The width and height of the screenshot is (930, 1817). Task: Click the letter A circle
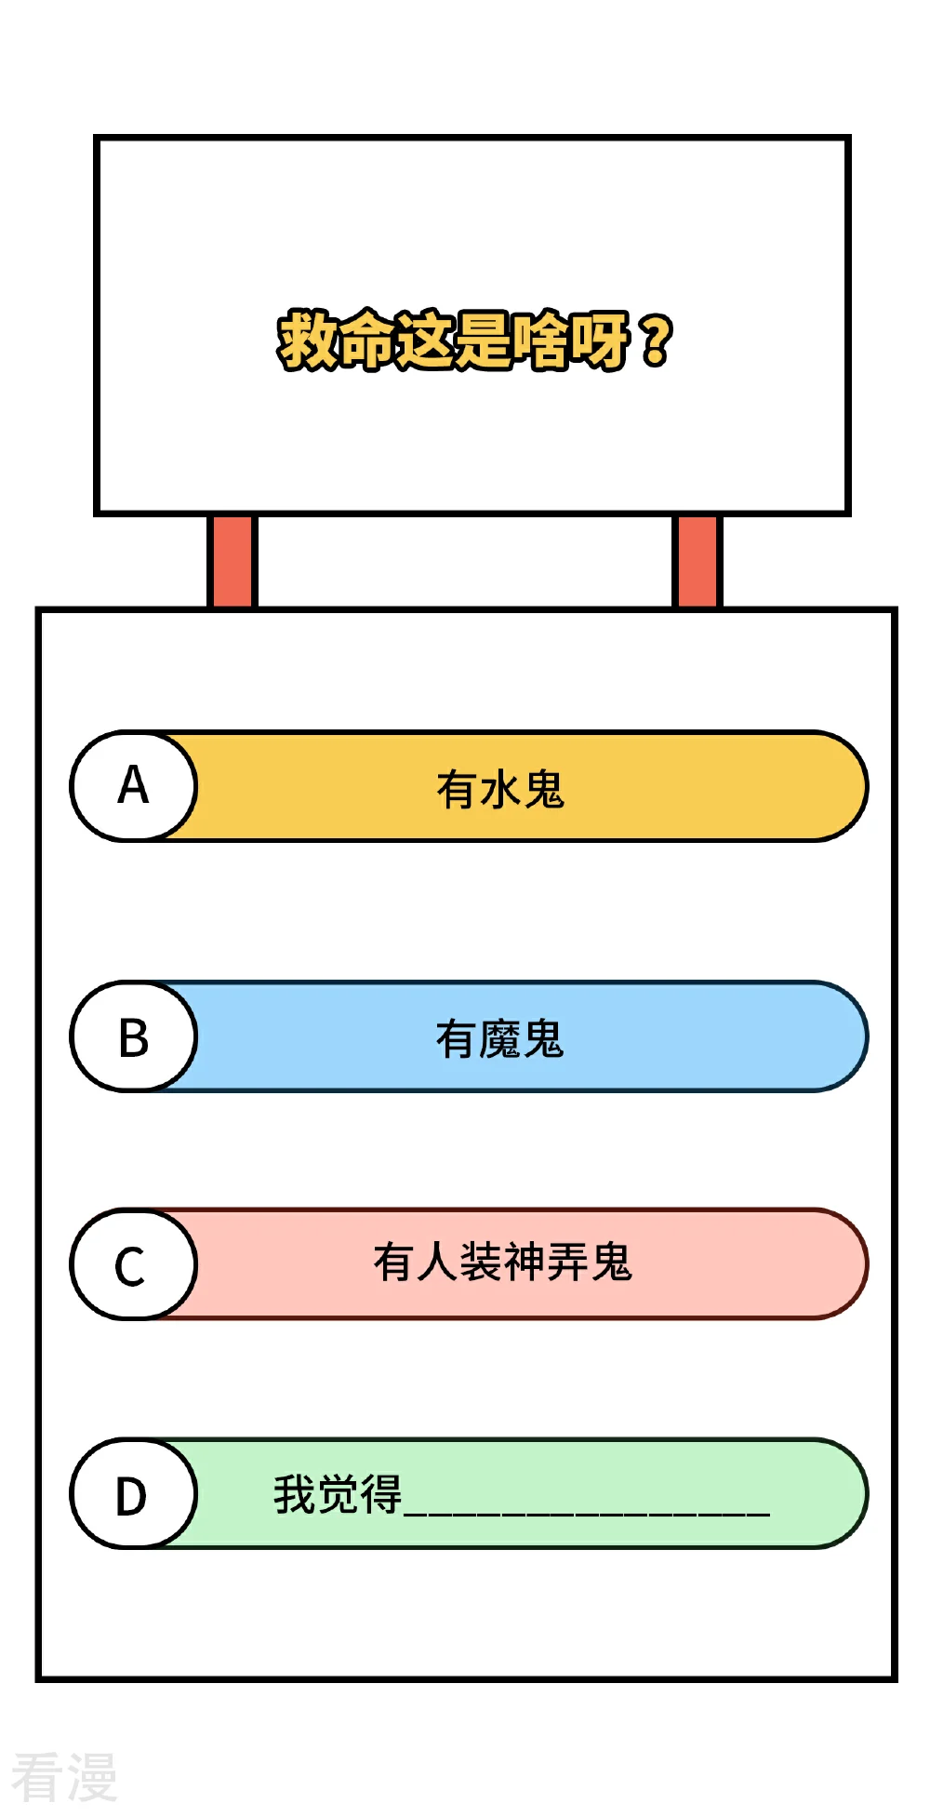pyautogui.click(x=134, y=786)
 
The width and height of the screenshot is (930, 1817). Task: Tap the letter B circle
pyautogui.click(x=134, y=1036)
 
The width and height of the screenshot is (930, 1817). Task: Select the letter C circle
pyautogui.click(x=134, y=1264)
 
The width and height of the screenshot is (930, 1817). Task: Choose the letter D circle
pyautogui.click(x=134, y=1494)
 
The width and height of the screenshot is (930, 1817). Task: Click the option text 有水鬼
pyautogui.click(x=500, y=790)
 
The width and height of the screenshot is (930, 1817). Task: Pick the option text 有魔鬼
pyautogui.click(x=500, y=1039)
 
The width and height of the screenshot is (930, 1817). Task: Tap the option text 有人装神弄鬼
pyautogui.click(x=502, y=1263)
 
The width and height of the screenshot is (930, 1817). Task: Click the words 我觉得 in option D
pyautogui.click(x=338, y=1494)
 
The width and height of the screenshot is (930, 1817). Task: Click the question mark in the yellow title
pyautogui.click(x=656, y=341)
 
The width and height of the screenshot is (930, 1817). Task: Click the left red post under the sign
pyautogui.click(x=232, y=561)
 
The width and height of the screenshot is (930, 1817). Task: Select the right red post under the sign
pyautogui.click(x=697, y=561)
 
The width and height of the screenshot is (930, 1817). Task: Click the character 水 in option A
pyautogui.click(x=500, y=790)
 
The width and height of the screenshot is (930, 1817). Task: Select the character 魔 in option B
pyautogui.click(x=500, y=1039)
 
